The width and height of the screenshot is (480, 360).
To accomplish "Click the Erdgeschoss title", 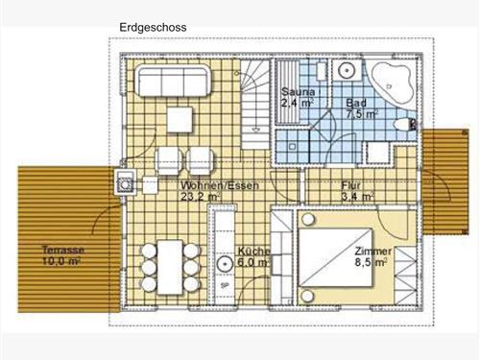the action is pyautogui.click(x=153, y=28).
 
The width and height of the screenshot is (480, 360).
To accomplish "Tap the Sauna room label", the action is pyautogui.click(x=299, y=92).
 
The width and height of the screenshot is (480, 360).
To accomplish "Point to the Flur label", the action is pyautogui.click(x=350, y=185).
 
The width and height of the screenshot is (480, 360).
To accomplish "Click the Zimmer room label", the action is pyautogui.click(x=373, y=252).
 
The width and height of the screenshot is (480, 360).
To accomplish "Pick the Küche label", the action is pyautogui.click(x=253, y=252).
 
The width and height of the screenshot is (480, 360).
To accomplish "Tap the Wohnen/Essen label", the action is pyautogui.click(x=220, y=185).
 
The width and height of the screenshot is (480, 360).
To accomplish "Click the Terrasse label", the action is pyautogui.click(x=63, y=250).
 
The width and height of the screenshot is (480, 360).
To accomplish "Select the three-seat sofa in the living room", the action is pyautogui.click(x=173, y=81).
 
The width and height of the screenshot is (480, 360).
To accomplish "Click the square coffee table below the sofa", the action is pyautogui.click(x=180, y=120).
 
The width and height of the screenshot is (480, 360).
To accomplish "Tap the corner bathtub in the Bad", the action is pyautogui.click(x=391, y=83).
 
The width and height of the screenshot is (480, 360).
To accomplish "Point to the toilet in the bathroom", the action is pyautogui.click(x=405, y=125).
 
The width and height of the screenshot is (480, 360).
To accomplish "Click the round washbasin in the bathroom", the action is pyautogui.click(x=346, y=70).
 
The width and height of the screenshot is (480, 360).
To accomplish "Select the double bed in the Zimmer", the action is pyautogui.click(x=335, y=258).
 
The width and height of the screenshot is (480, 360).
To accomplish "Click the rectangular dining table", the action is pyautogui.click(x=170, y=267).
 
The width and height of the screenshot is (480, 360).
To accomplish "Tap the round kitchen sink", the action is pyautogui.click(x=226, y=264).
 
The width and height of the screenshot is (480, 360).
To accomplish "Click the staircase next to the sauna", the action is pyautogui.click(x=255, y=105).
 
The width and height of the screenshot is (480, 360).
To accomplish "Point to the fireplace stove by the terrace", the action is pyautogui.click(x=126, y=182).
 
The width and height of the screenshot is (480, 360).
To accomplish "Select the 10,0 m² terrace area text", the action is pyautogui.click(x=61, y=261).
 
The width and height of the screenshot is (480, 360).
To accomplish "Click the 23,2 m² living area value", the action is pyautogui.click(x=201, y=197).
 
